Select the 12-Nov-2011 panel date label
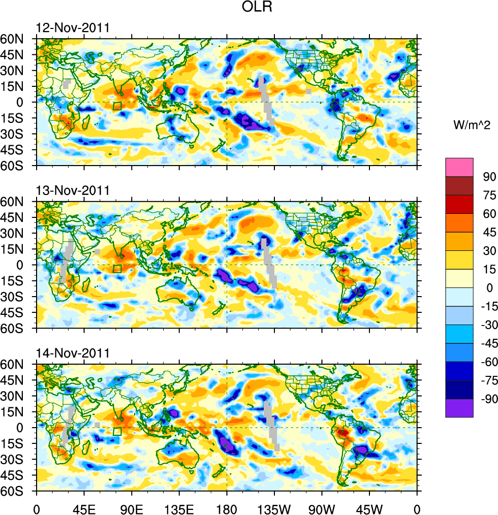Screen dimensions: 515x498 pos(72,28)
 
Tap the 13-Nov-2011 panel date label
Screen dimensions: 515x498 pos(72,191)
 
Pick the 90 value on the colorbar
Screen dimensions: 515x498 pos(488,177)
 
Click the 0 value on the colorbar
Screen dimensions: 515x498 pos(488,287)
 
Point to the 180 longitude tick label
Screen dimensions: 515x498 pos(227,508)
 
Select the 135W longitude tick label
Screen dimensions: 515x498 pos(274,508)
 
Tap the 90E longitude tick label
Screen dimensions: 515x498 pos(132,508)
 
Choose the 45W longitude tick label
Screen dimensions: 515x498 pos(369,508)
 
